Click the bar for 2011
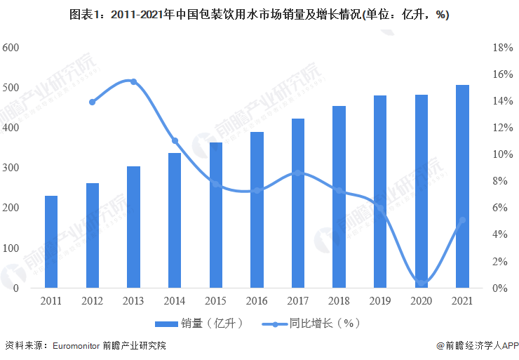[51, 242]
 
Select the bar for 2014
[175, 220]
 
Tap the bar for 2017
[298, 204]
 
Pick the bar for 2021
[462, 187]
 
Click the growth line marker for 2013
[133, 82]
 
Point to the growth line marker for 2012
[93, 102]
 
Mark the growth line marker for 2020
[421, 281]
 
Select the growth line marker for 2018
[339, 190]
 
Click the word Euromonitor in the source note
[76, 345]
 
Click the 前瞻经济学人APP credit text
[476, 345]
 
